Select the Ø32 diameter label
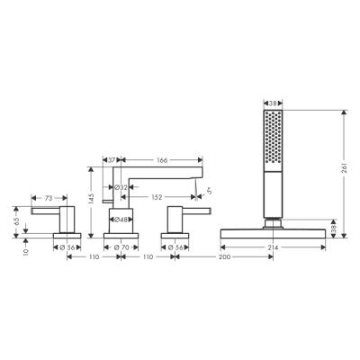(121, 188)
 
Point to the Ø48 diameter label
(121, 220)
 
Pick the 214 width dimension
(273, 246)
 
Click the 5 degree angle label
(212, 188)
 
